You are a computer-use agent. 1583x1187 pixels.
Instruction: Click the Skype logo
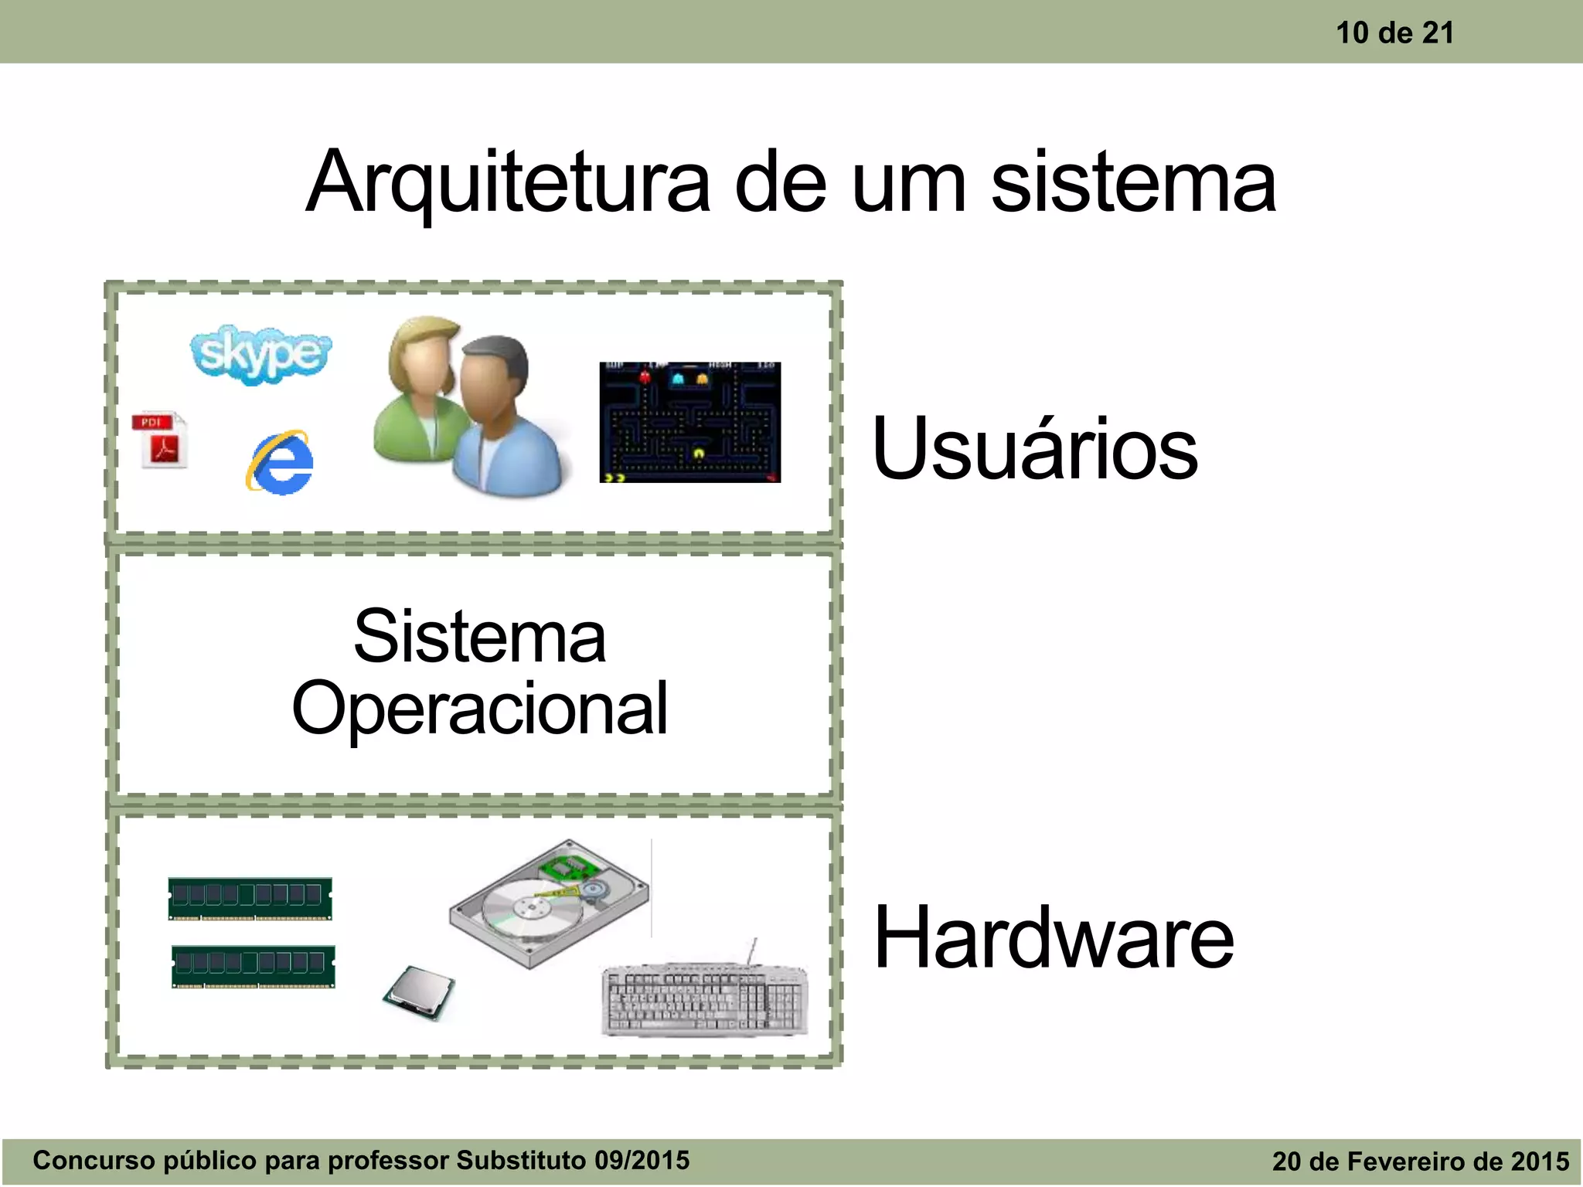[260, 354]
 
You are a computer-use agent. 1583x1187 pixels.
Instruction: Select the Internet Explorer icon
[281, 462]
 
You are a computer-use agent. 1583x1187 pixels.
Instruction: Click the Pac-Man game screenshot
[689, 422]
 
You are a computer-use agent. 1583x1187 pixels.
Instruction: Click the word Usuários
[1034, 448]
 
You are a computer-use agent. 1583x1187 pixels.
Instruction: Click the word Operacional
[479, 708]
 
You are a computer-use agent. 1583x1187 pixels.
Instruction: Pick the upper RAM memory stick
[250, 898]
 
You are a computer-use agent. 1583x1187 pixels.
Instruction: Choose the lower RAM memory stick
[253, 965]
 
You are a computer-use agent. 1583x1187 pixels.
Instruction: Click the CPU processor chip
[418, 992]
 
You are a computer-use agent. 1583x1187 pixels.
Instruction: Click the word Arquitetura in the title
[507, 184]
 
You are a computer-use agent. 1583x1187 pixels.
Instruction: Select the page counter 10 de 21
[1394, 32]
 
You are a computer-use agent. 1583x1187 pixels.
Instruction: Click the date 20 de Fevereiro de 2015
[1420, 1161]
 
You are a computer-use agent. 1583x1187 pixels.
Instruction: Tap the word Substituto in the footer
[521, 1160]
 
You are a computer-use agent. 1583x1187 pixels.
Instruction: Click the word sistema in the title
[1132, 184]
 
